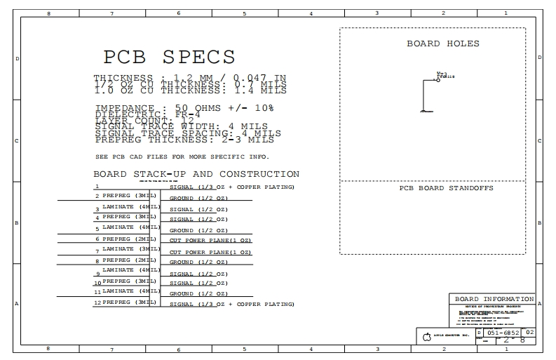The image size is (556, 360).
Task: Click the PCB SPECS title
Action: (x=169, y=57)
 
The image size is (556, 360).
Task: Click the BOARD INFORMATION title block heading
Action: (x=494, y=299)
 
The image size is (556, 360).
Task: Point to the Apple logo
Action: (x=426, y=337)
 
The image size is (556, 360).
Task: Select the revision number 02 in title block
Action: (x=529, y=332)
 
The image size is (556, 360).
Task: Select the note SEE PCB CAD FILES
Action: (x=182, y=156)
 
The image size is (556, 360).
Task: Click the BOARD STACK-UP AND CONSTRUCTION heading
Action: (x=196, y=174)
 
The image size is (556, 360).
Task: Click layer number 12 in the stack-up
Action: (x=97, y=302)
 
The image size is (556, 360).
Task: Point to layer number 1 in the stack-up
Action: (x=97, y=187)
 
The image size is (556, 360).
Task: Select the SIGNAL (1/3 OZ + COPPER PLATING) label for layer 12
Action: (x=231, y=305)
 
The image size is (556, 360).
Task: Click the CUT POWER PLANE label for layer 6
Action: (x=210, y=241)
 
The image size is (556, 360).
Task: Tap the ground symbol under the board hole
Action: (x=423, y=111)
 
